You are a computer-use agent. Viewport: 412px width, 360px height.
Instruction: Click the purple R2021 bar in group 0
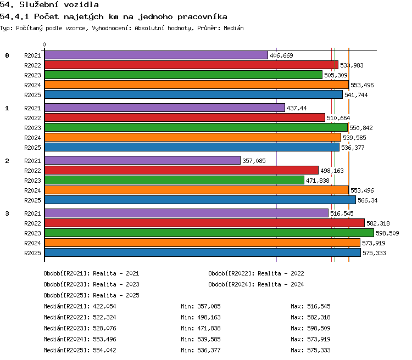point(157,55)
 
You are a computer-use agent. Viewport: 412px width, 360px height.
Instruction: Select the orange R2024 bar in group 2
point(197,190)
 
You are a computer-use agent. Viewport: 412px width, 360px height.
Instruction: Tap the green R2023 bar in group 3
point(209,233)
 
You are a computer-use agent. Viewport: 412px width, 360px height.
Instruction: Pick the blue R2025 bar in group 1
point(192,147)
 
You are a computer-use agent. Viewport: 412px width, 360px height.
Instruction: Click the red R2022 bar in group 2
point(182,171)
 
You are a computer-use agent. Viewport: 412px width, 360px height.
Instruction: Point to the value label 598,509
point(387,233)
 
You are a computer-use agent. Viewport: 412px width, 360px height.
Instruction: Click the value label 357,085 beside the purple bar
point(254,161)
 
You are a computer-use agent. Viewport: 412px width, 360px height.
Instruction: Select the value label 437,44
point(297,108)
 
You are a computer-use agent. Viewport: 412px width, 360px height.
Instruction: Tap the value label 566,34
point(368,200)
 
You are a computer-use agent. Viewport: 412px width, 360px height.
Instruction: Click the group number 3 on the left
point(7,213)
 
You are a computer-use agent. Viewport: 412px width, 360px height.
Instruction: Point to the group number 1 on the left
point(7,108)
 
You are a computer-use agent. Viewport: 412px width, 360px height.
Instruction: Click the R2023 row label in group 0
point(32,75)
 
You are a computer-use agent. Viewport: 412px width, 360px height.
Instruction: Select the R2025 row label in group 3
point(32,253)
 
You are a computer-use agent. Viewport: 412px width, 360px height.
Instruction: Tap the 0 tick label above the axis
point(44,44)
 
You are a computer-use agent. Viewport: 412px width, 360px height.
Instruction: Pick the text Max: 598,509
point(310,328)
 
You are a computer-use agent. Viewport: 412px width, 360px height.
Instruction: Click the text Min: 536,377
point(201,350)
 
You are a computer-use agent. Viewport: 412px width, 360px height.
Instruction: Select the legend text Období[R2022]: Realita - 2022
point(256,274)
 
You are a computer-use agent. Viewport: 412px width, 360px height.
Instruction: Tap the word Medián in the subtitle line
point(233,28)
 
